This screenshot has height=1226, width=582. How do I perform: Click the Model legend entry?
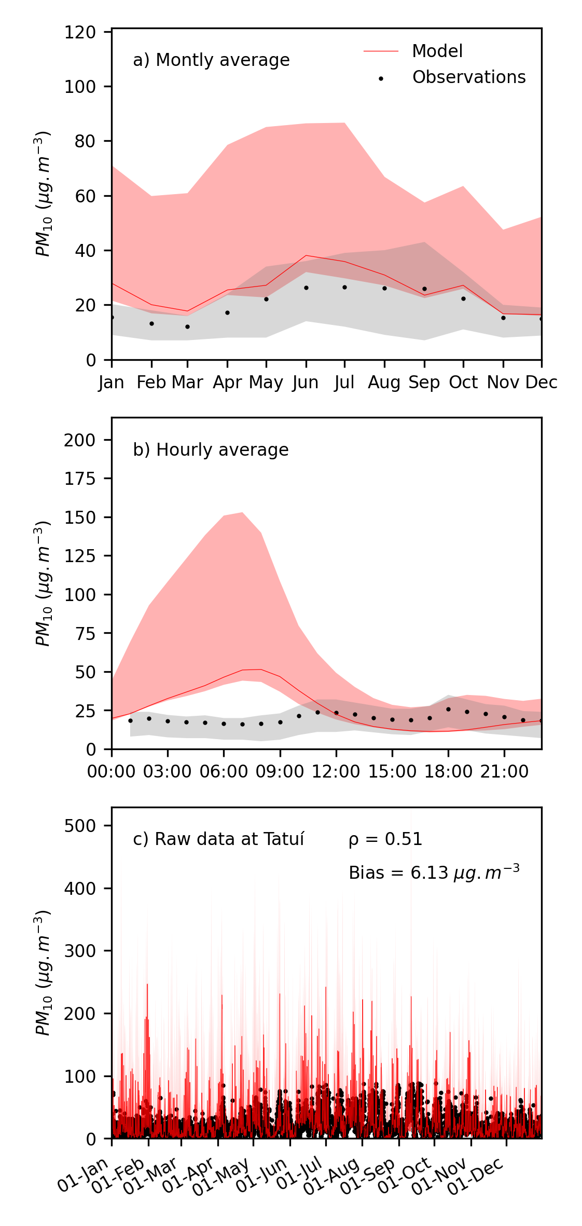tap(437, 51)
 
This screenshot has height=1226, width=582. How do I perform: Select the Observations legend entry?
tap(468, 77)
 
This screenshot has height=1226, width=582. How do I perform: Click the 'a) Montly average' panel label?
tap(211, 60)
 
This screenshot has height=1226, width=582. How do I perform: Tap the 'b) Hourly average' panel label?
tap(211, 449)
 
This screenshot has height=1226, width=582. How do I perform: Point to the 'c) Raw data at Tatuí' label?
tap(218, 839)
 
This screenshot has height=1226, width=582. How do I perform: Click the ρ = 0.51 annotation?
tap(385, 839)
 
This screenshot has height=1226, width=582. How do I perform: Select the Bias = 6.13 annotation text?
tap(434, 873)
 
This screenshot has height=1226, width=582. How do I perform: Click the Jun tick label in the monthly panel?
tap(305, 383)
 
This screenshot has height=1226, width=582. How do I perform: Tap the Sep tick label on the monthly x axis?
tap(424, 383)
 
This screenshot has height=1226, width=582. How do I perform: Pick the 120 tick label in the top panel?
tap(80, 32)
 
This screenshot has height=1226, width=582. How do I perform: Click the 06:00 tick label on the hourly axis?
tap(224, 771)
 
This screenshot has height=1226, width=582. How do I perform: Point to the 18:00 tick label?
tap(448, 771)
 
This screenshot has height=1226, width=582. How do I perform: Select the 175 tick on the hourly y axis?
tap(80, 479)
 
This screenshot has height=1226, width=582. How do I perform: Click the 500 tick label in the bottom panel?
tap(80, 825)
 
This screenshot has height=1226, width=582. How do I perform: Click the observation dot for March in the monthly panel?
tap(187, 326)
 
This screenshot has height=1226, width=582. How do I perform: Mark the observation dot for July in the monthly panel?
tap(344, 287)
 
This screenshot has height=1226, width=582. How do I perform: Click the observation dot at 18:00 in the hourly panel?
tap(448, 709)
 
